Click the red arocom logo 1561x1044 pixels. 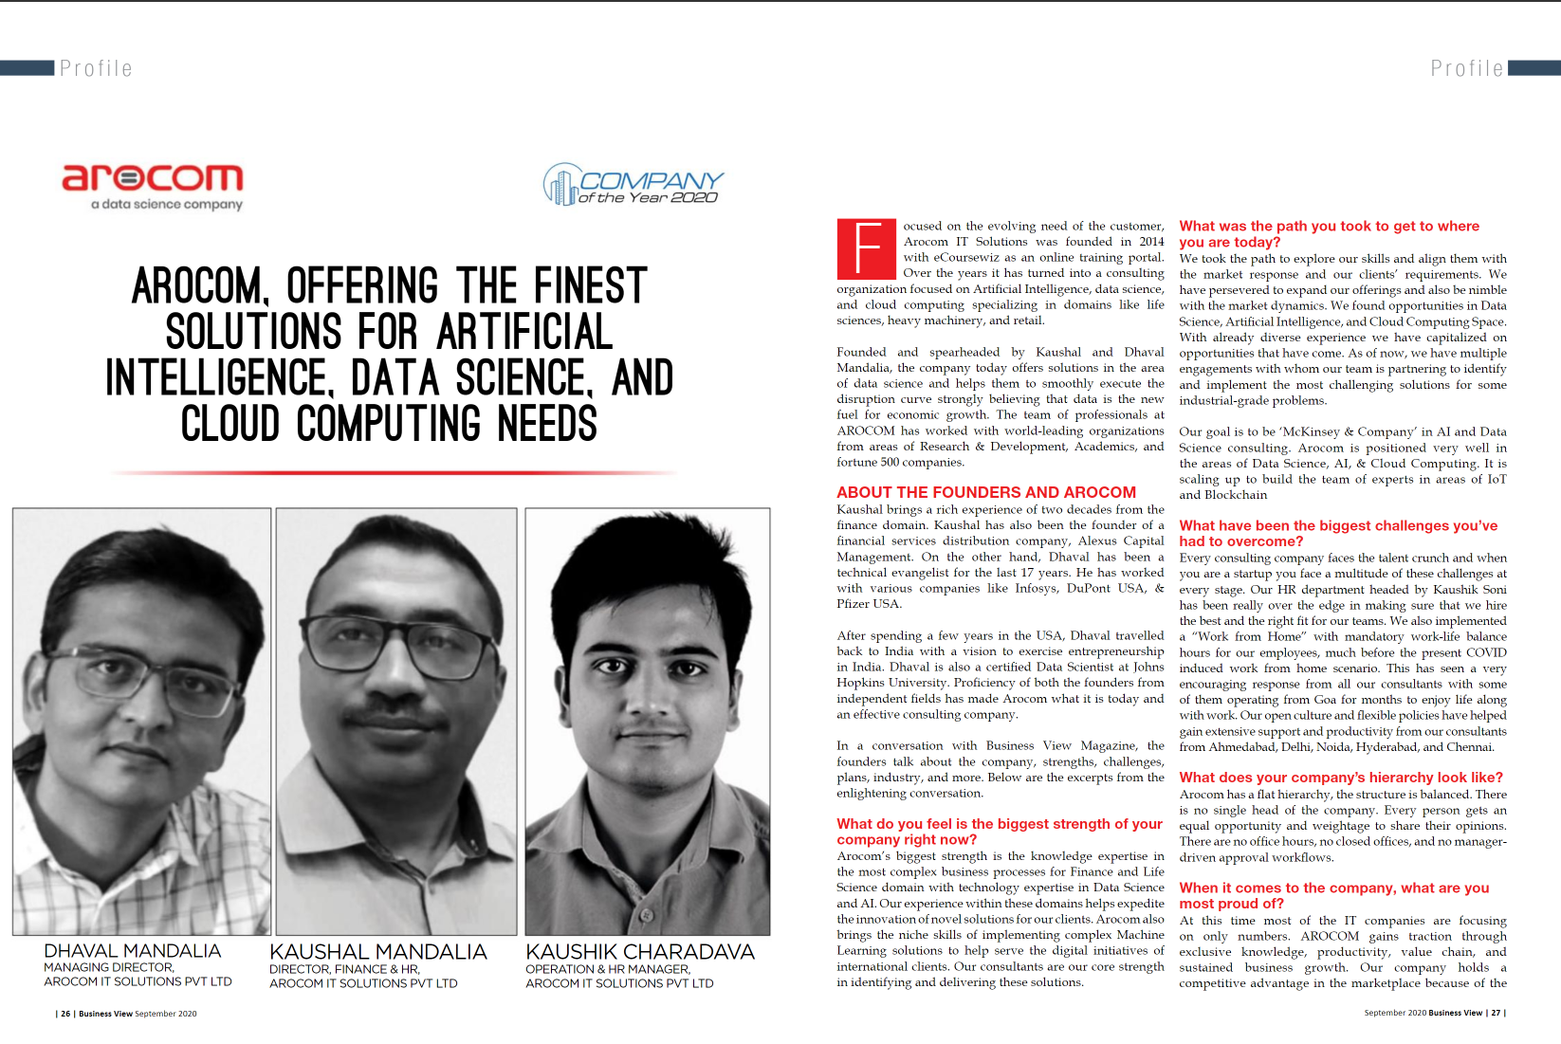[153, 177]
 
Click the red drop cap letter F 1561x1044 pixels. [866, 249]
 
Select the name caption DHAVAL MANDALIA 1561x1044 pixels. [132, 951]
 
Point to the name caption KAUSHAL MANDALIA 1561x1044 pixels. [377, 952]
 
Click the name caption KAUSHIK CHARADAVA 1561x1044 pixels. [640, 952]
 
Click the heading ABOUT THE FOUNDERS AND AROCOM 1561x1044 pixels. [985, 492]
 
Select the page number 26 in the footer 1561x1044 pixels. [65, 1014]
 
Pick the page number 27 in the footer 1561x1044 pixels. [1496, 1013]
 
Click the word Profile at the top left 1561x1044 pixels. [96, 68]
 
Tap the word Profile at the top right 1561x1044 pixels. [1466, 68]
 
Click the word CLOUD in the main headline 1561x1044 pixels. [230, 424]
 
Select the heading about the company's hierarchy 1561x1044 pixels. [1340, 778]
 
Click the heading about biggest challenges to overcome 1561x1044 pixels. [1337, 533]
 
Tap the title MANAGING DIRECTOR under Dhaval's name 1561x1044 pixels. [109, 968]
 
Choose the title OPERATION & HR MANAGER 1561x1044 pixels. [608, 969]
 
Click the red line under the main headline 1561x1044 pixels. [392, 471]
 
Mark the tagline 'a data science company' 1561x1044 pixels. [167, 204]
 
